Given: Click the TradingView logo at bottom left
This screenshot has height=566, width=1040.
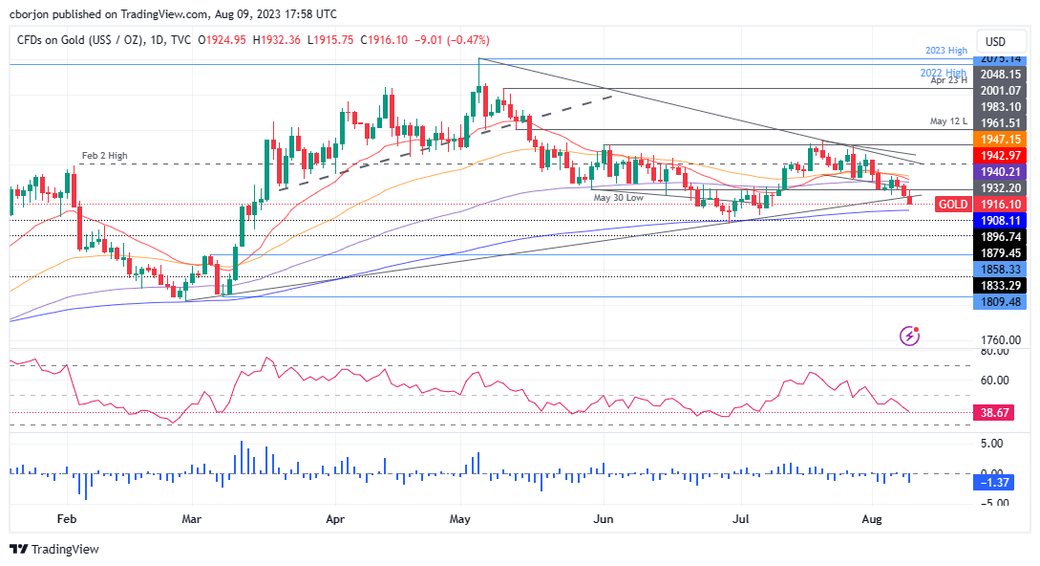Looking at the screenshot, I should tap(53, 550).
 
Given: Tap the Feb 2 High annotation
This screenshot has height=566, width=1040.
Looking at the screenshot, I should tap(103, 156).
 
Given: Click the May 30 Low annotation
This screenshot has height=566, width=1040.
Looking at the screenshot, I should tap(619, 197).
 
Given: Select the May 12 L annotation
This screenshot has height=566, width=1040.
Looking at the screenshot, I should tap(949, 122).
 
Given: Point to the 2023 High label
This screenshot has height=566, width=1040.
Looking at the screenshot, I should tap(945, 50).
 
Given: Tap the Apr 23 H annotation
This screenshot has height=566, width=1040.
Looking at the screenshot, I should tap(950, 81).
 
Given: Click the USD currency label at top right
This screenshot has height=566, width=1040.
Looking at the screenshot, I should tap(996, 41).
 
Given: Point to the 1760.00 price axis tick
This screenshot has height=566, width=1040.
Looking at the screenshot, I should tap(1002, 339).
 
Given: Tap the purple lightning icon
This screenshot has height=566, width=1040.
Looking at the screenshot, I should tap(910, 336).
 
